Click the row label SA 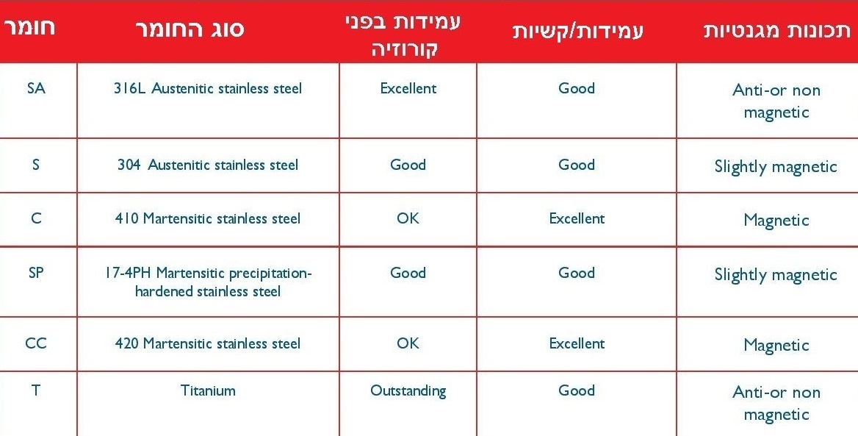(36, 88)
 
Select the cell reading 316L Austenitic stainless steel (208, 89)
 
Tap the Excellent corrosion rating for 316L (408, 89)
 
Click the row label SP (36, 273)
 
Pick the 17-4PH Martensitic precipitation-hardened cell (208, 282)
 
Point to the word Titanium (208, 390)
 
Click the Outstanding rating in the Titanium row (408, 391)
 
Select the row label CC (36, 343)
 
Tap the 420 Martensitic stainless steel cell (208, 343)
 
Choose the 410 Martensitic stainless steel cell (208, 218)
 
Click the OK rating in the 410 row (408, 218)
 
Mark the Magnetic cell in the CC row (776, 346)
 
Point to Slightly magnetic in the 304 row (776, 167)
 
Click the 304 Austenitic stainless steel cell (208, 165)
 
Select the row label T (36, 390)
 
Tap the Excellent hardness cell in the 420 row (577, 343)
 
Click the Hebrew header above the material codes (30, 27)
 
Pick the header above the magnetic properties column (777, 31)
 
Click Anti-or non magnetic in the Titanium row (776, 403)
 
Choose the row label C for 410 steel (36, 218)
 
